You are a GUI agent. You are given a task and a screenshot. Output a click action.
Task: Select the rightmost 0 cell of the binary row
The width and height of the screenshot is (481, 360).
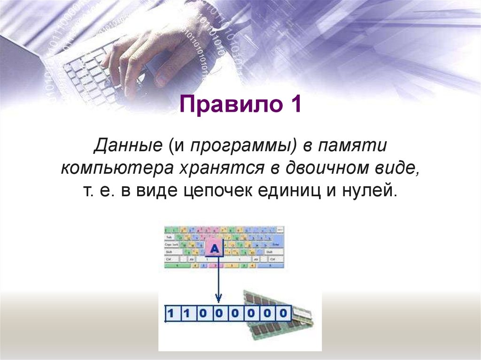(283, 313)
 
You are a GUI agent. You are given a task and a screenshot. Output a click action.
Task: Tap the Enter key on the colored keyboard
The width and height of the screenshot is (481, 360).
(276, 245)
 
